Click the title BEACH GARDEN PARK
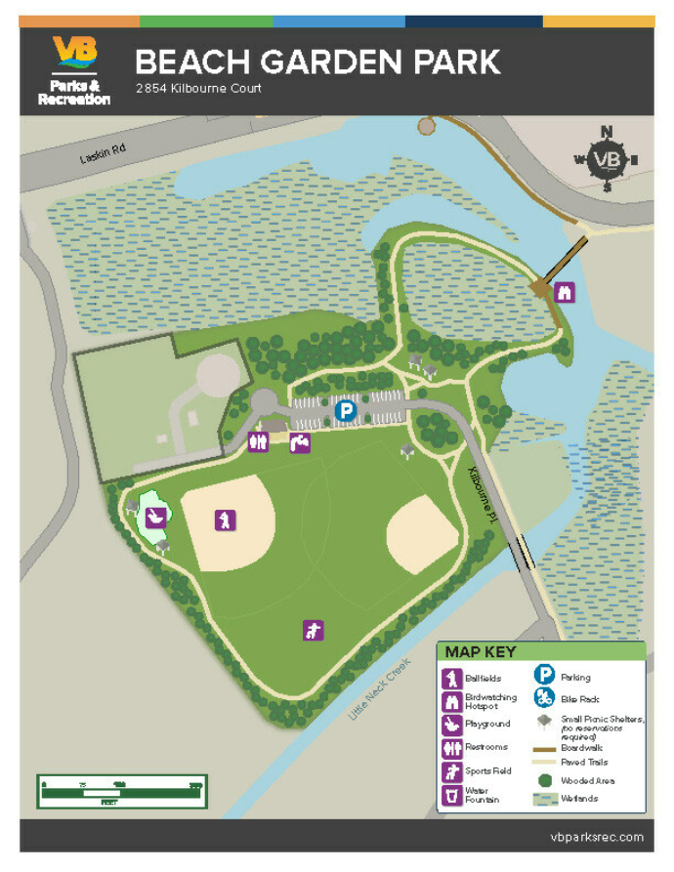pyautogui.click(x=317, y=62)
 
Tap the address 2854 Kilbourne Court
pyautogui.click(x=199, y=89)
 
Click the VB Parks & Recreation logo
pyautogui.click(x=74, y=69)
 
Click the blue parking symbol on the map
pyautogui.click(x=345, y=411)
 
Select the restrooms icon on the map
pyautogui.click(x=258, y=442)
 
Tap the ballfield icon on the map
pyautogui.click(x=226, y=519)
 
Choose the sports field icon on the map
pyautogui.click(x=313, y=630)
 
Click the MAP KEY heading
pyautogui.click(x=481, y=651)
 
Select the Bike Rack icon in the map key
pyautogui.click(x=545, y=698)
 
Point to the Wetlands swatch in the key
pyautogui.click(x=545, y=799)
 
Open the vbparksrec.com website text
pyautogui.click(x=597, y=837)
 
